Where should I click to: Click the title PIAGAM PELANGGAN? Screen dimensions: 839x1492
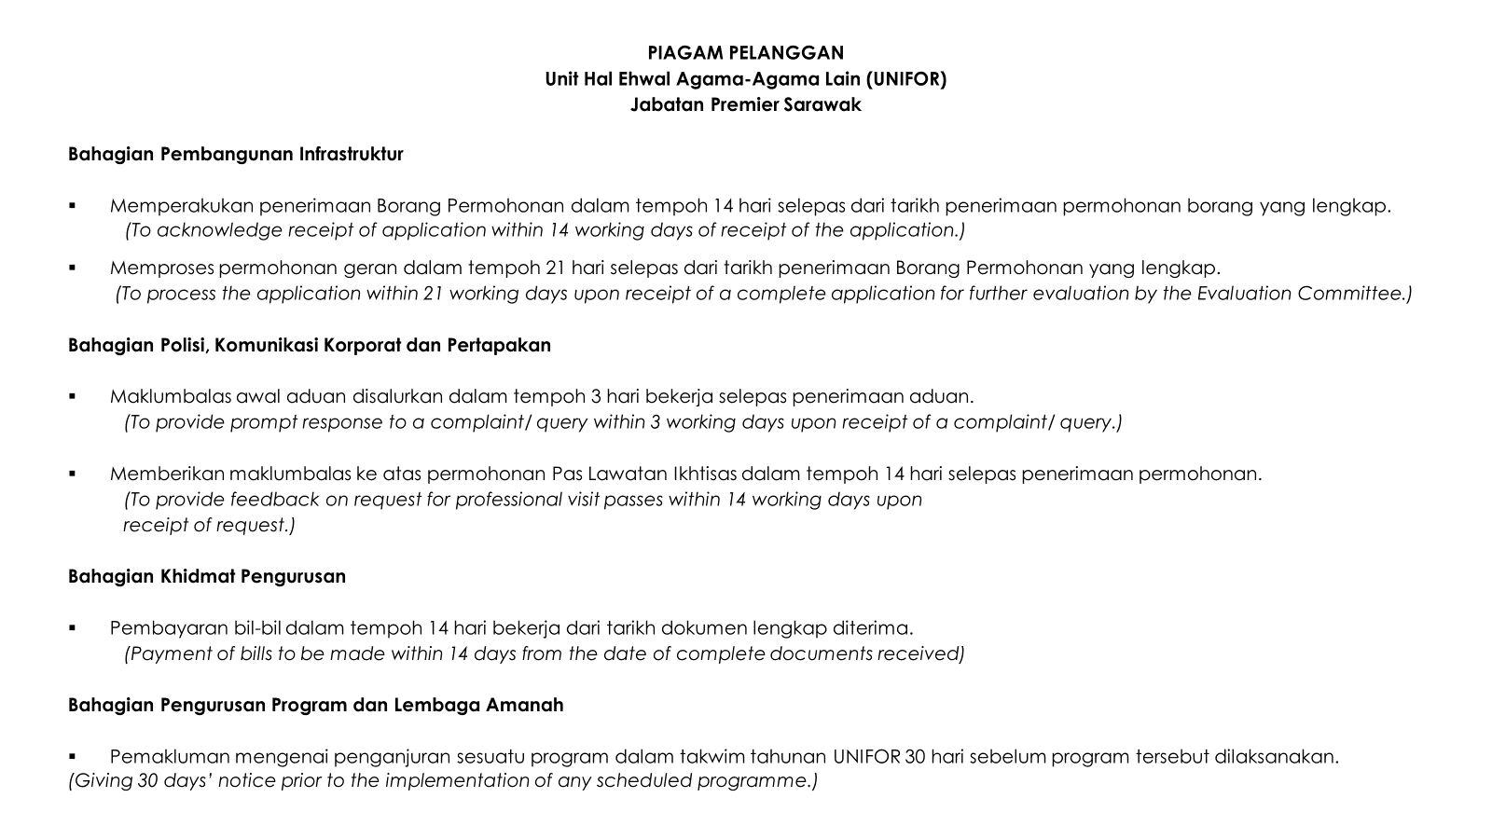(x=745, y=53)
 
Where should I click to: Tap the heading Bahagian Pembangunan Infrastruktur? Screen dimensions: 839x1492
(x=236, y=155)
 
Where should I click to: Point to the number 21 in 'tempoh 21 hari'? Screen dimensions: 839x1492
(x=555, y=268)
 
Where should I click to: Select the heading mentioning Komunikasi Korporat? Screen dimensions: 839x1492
(x=310, y=346)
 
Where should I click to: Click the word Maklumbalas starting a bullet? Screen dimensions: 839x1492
(x=171, y=397)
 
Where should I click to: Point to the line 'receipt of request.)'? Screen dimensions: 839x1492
(x=209, y=526)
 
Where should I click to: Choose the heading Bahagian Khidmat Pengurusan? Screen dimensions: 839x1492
(x=207, y=577)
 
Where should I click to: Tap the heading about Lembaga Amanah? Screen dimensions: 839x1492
(x=316, y=706)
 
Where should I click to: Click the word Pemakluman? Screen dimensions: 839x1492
(x=169, y=757)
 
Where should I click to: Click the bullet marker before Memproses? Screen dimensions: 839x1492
(x=72, y=268)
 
